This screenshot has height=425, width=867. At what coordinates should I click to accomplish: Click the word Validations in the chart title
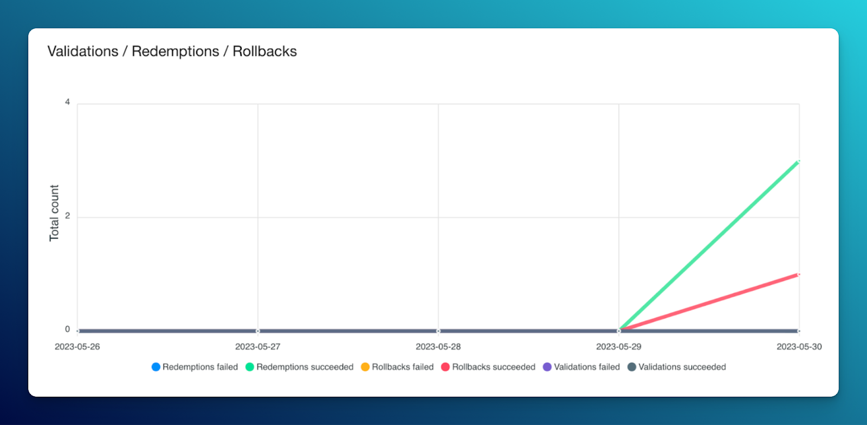click(x=83, y=51)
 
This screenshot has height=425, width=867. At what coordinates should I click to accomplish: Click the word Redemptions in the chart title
click(x=176, y=51)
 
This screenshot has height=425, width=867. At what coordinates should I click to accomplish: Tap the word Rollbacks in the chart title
click(x=264, y=51)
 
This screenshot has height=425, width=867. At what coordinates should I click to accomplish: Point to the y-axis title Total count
click(x=54, y=213)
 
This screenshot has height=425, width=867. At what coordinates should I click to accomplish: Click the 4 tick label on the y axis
click(x=67, y=102)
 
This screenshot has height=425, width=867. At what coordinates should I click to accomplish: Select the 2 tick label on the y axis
click(x=67, y=216)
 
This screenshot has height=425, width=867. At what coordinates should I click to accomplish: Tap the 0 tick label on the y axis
click(x=67, y=329)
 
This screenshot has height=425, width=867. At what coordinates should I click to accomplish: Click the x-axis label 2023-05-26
click(x=77, y=347)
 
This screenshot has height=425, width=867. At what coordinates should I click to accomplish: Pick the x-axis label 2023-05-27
click(x=258, y=347)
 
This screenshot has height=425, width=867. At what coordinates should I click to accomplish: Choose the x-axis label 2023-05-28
click(x=438, y=347)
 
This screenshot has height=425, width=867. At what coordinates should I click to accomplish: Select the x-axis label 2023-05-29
click(x=619, y=347)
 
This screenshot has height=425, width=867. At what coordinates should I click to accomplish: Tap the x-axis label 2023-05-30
click(x=799, y=347)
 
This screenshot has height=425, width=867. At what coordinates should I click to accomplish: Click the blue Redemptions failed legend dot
click(x=156, y=367)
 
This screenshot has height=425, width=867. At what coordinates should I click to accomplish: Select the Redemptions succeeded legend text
click(x=305, y=367)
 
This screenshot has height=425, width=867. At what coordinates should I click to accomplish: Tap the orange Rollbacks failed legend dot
click(x=365, y=367)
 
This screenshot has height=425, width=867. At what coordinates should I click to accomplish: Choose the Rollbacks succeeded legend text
click(x=494, y=367)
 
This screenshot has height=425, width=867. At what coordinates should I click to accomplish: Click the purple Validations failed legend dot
click(x=547, y=367)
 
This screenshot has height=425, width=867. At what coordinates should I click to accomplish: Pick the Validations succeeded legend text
click(x=682, y=367)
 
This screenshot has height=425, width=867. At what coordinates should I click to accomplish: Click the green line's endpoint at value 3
click(x=799, y=161)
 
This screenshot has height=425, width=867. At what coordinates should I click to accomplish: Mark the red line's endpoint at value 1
click(x=799, y=274)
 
